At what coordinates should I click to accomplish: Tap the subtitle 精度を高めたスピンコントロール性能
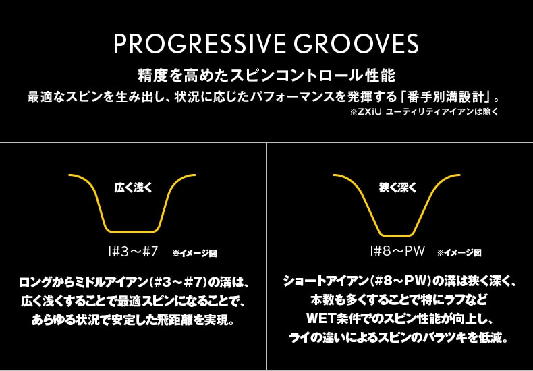[266, 76]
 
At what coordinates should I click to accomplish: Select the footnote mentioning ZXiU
[424, 112]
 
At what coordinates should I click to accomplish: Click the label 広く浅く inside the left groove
[133, 188]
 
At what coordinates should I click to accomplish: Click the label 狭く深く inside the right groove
[397, 188]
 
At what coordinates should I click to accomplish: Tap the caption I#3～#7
[132, 252]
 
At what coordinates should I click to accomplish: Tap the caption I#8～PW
[397, 252]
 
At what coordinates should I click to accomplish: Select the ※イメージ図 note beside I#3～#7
[194, 254]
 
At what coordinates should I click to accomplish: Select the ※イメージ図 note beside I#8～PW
[459, 253]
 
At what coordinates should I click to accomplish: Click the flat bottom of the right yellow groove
[397, 235]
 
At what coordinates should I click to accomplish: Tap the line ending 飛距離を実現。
[133, 320]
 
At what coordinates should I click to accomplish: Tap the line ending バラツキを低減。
[397, 339]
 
